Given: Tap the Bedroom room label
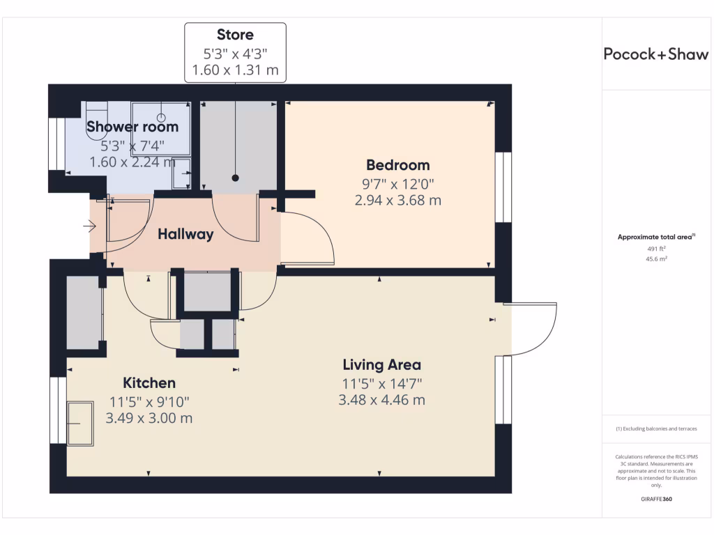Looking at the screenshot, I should tap(397, 165).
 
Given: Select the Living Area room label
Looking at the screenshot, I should tap(381, 364).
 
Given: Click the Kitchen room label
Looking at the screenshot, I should tap(149, 382).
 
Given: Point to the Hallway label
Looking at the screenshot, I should tap(185, 234).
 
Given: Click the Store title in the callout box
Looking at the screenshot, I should tap(235, 35).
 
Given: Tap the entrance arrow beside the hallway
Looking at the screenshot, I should tap(89, 226).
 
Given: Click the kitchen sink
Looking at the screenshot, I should tap(80, 423).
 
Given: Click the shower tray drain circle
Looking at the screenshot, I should tap(161, 118).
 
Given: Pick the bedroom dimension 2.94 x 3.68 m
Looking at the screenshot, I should tap(397, 201).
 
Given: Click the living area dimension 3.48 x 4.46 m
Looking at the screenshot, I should tap(381, 400).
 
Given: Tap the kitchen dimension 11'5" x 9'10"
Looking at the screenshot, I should tap(149, 401).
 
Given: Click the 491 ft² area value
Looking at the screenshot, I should tap(656, 247).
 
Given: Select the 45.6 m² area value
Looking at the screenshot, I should tap(656, 258).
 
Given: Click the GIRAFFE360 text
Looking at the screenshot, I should tap(656, 499).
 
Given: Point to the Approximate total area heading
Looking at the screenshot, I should tap(656, 237).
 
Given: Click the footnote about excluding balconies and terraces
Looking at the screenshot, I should tap(656, 428).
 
